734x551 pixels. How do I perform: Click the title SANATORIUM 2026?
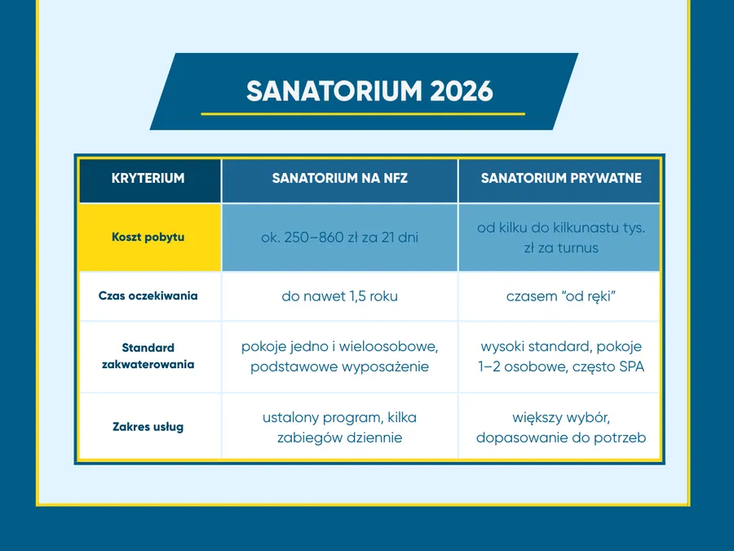[x=369, y=91]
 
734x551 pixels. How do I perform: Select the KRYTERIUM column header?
[x=148, y=178]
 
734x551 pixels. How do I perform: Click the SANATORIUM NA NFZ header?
[x=339, y=178]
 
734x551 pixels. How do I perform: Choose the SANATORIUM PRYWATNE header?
[x=560, y=178]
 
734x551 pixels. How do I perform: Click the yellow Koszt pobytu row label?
[x=148, y=238]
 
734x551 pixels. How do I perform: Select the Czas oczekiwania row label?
[x=148, y=296]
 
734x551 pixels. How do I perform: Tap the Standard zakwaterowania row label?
[x=148, y=356]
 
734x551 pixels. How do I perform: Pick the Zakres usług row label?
[x=148, y=426]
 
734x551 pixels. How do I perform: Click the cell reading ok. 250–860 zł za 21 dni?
[x=339, y=238]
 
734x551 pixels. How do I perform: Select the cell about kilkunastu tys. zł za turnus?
[x=560, y=238]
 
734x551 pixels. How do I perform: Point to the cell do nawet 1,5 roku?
[x=339, y=296]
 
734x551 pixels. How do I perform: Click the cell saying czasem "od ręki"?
[x=560, y=296]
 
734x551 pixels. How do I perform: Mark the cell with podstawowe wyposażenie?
[x=339, y=357]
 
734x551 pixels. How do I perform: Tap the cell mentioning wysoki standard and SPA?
[x=560, y=357]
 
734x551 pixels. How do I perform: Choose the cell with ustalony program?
[x=339, y=427]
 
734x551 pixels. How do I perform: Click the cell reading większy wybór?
[x=560, y=427]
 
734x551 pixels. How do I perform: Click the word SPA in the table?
[x=630, y=367]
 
